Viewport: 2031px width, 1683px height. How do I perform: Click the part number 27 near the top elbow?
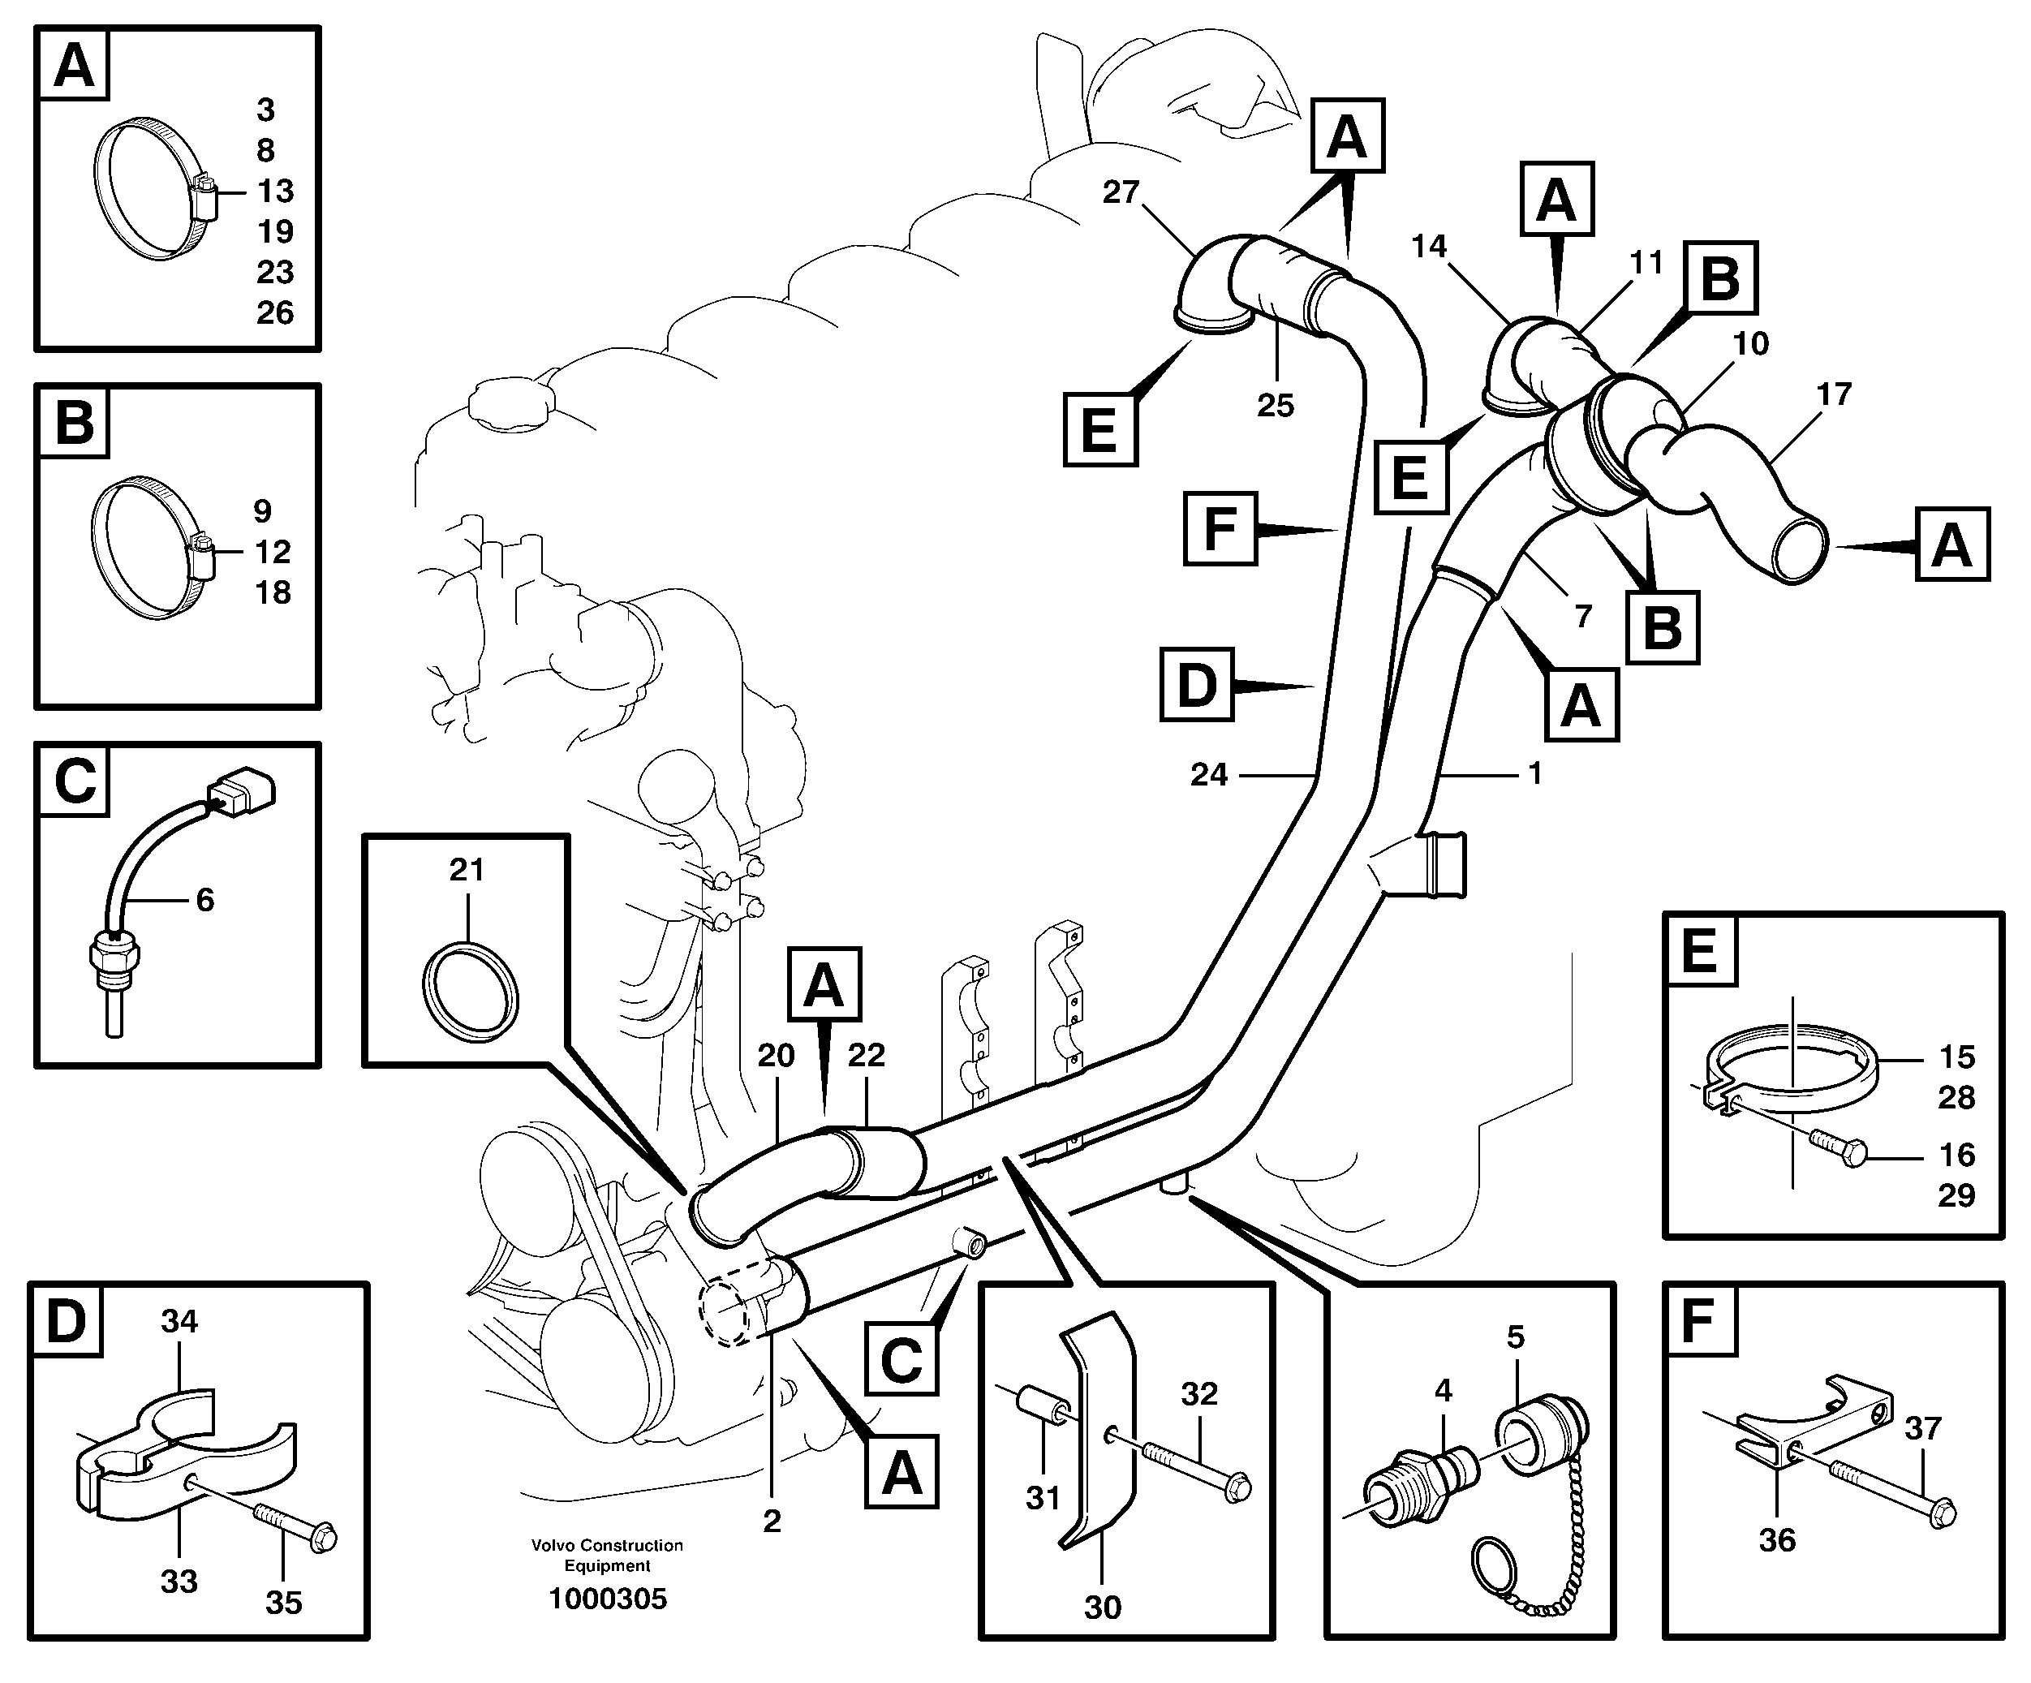click(x=1121, y=192)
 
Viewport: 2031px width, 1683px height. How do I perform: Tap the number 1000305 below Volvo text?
click(x=608, y=1599)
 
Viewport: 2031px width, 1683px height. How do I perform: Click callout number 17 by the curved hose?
click(x=1834, y=394)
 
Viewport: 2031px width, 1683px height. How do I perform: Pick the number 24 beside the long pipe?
click(x=1209, y=774)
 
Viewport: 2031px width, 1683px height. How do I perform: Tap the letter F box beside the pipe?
click(x=1220, y=528)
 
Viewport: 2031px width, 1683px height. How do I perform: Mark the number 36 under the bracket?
click(x=1777, y=1540)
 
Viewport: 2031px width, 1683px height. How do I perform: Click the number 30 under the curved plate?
click(x=1103, y=1607)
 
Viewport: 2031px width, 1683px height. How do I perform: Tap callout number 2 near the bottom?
click(x=772, y=1521)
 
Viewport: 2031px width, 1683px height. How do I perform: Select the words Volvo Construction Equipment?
click(x=608, y=1556)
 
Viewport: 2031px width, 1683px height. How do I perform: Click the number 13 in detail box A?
click(x=276, y=191)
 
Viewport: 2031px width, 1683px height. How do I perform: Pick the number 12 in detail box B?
click(x=273, y=551)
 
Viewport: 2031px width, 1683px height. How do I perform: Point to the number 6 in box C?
click(x=205, y=900)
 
